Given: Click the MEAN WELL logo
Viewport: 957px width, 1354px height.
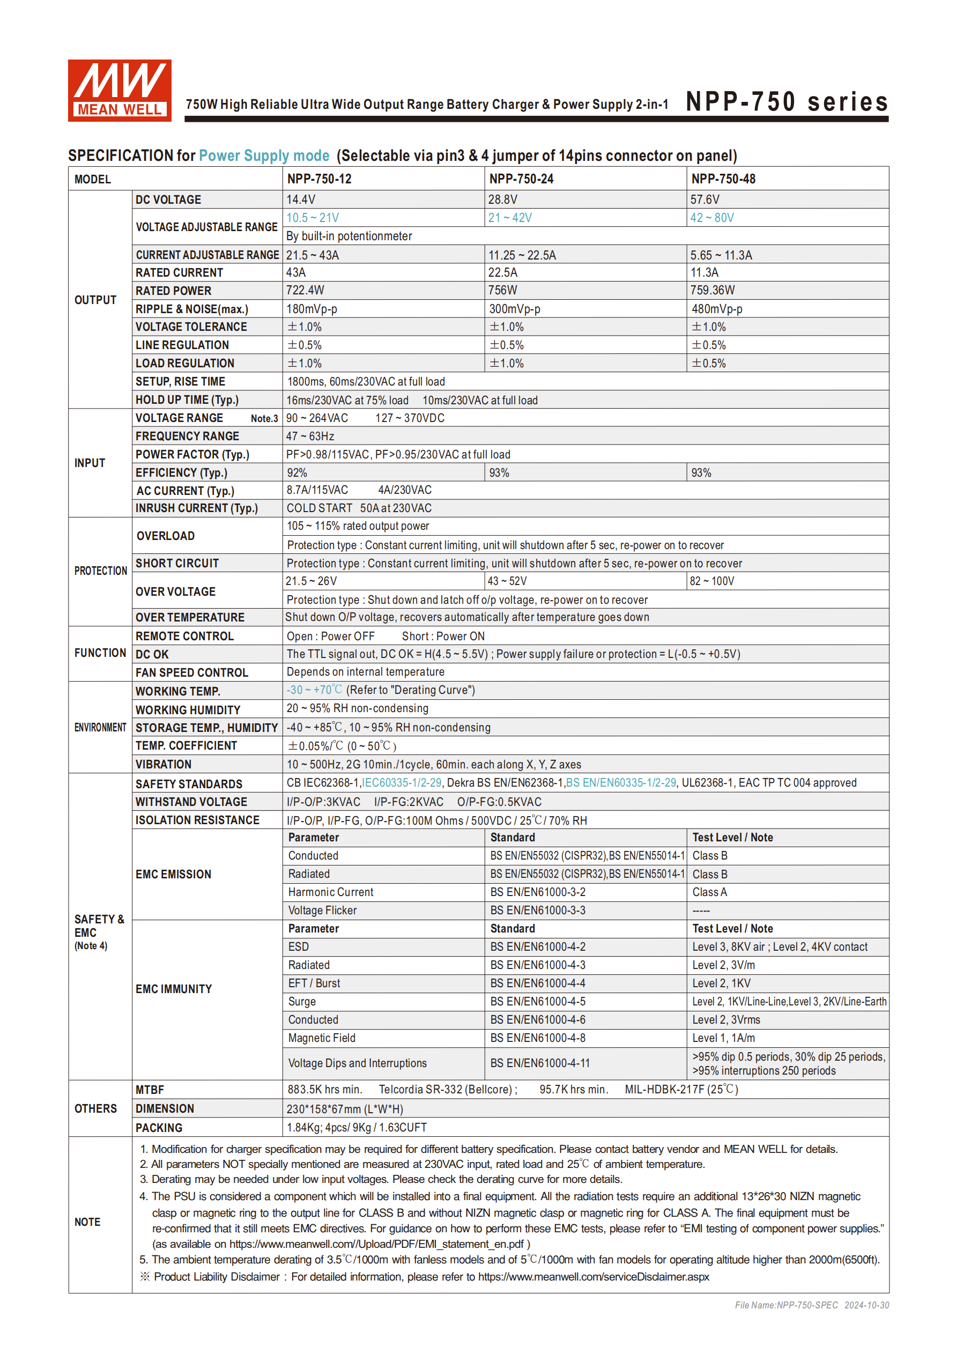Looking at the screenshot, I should coord(119,90).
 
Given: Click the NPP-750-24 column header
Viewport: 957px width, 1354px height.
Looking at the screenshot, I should coord(521,179).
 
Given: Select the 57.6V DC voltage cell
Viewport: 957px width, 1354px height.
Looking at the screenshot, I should coord(704,199).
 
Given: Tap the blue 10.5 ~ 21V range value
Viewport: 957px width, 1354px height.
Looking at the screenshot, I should coord(313,218).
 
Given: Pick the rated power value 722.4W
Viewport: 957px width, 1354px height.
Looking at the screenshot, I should coord(305,290).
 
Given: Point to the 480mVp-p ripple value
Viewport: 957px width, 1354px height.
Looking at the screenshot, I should coord(716,309).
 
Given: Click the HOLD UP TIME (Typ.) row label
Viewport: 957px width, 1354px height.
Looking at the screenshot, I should coord(187,400).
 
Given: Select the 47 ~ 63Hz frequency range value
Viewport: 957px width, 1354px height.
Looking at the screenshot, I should coord(310,436).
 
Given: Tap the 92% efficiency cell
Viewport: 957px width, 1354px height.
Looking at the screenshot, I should coord(296,473).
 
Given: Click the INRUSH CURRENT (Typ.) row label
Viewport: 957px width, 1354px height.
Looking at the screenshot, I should coord(196,508).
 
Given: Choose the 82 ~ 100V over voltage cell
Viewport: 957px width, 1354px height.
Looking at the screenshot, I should coord(711,581).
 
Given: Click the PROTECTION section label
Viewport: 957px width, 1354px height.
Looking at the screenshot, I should coord(100,571).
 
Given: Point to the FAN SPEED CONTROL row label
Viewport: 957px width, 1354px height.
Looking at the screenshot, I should coord(191,672).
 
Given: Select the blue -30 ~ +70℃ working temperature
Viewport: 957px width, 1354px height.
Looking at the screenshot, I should coord(314,690).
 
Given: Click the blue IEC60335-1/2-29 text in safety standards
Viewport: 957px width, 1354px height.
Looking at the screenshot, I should coord(402,782).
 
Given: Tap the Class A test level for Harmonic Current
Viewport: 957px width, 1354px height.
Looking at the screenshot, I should coord(709,892).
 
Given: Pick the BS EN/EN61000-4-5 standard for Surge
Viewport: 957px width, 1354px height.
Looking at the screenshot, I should coord(538,1001).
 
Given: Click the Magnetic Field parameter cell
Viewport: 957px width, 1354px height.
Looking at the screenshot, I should coord(321,1038).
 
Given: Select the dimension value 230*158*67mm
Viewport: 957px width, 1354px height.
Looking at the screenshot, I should coord(344,1109).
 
